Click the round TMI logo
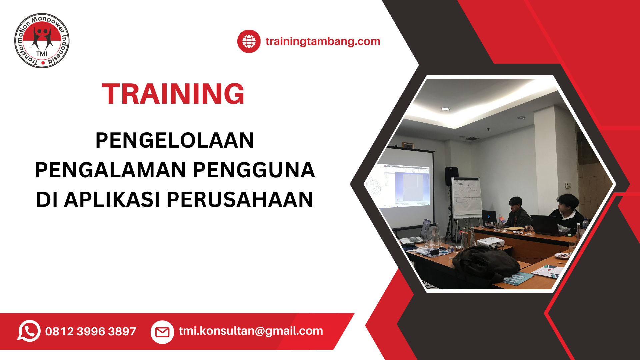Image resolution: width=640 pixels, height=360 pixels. click(42, 41)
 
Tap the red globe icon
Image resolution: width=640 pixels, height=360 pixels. click(249, 41)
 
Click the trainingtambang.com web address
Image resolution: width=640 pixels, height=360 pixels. click(323, 41)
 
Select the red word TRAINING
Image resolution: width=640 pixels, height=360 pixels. click(173, 94)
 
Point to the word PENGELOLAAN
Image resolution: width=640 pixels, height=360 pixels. click(175, 140)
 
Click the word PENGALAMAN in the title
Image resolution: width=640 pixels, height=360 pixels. click(110, 170)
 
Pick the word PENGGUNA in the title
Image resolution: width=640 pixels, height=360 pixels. click(254, 170)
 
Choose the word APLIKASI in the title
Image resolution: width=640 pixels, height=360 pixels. click(112, 200)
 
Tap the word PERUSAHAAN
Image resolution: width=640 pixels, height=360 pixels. click(240, 200)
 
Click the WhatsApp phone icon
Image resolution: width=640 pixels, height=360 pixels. click(29, 331)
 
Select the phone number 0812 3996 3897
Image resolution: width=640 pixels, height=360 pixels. click(91, 331)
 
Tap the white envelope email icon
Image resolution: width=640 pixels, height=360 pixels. click(162, 332)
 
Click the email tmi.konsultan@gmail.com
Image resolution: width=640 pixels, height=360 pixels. click(251, 331)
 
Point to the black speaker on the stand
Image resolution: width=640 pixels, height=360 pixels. click(452, 176)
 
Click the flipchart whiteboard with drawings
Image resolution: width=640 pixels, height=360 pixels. click(467, 198)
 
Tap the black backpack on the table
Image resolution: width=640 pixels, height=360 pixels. click(485, 263)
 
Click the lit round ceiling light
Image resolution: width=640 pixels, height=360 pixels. click(445, 109)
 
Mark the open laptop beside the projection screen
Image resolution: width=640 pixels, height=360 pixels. click(417, 232)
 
